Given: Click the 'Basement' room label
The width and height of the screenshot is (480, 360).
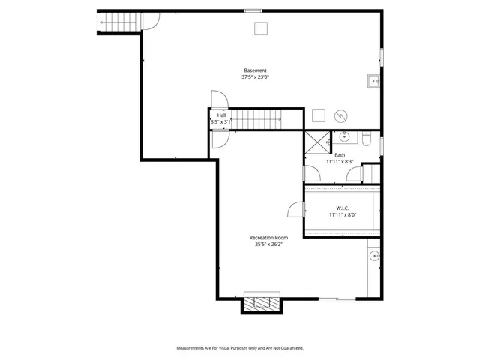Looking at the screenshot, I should pos(255,70).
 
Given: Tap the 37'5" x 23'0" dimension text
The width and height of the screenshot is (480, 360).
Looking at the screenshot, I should pos(255,77).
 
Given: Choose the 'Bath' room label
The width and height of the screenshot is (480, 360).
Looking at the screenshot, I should pos(340,155).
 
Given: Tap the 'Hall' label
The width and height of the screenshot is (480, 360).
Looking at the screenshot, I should pos(222,115).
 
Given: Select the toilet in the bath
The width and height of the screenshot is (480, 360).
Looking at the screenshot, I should pos(367,139).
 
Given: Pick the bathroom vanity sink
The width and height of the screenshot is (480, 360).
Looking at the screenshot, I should pos(345,137).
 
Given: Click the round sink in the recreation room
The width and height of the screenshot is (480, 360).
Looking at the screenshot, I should pos(373,256).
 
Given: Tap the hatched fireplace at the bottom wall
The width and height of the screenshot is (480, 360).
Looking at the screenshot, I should pos(261,304).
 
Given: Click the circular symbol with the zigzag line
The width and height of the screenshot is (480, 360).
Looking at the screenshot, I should pos(340,116).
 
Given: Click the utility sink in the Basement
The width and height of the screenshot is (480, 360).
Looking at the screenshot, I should pos(373,80).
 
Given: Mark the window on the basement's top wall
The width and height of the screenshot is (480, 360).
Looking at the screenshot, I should pos(253,10).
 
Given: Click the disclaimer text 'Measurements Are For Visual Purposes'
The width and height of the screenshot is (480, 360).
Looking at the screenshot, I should pos(239,348).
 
